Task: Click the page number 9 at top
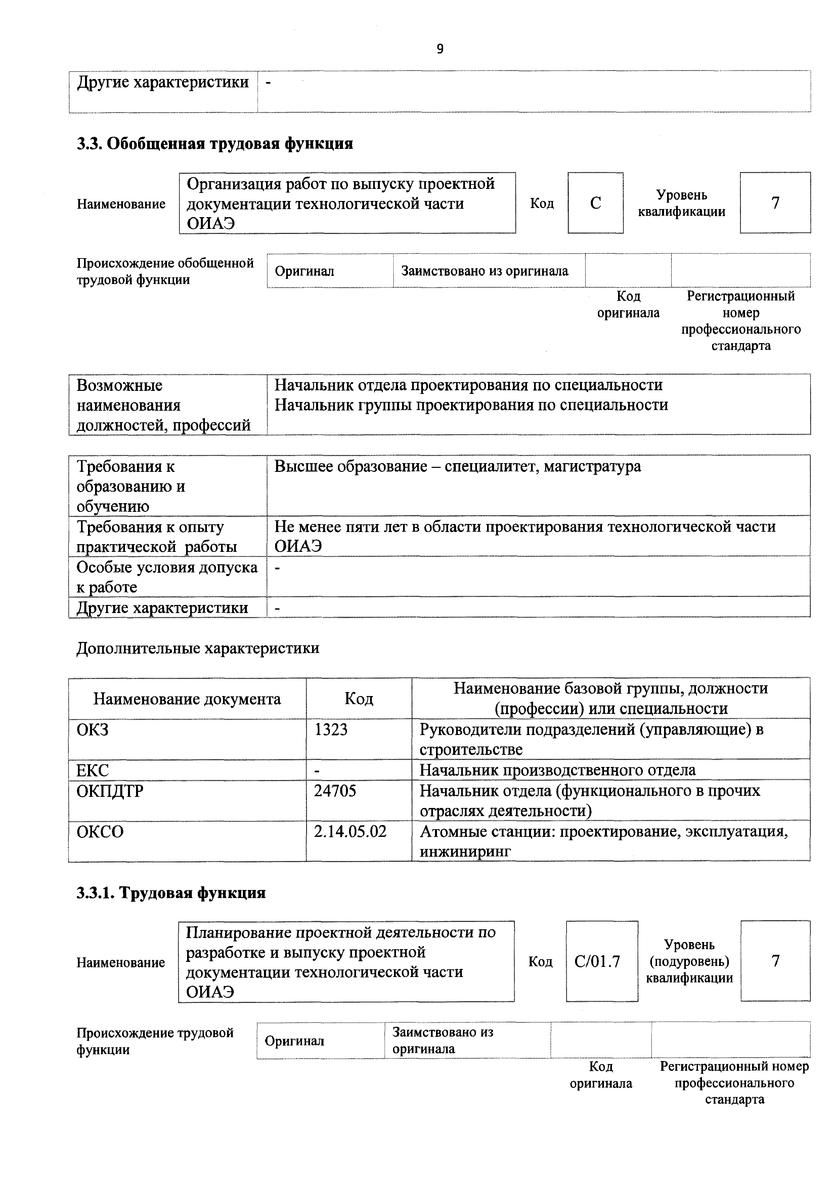pos(440,49)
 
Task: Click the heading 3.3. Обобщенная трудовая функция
pos(215,143)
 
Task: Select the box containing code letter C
pos(596,203)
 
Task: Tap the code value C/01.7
pos(598,961)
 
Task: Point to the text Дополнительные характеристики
pos(198,648)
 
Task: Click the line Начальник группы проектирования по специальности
pos(471,405)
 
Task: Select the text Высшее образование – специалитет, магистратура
pos(457,466)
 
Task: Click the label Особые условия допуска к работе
pos(167,577)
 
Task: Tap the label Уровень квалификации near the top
pos(682,203)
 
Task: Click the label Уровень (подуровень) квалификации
pos(689,961)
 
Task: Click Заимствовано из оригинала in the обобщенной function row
pos(484,271)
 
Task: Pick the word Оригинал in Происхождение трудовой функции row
pos(294,1041)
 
